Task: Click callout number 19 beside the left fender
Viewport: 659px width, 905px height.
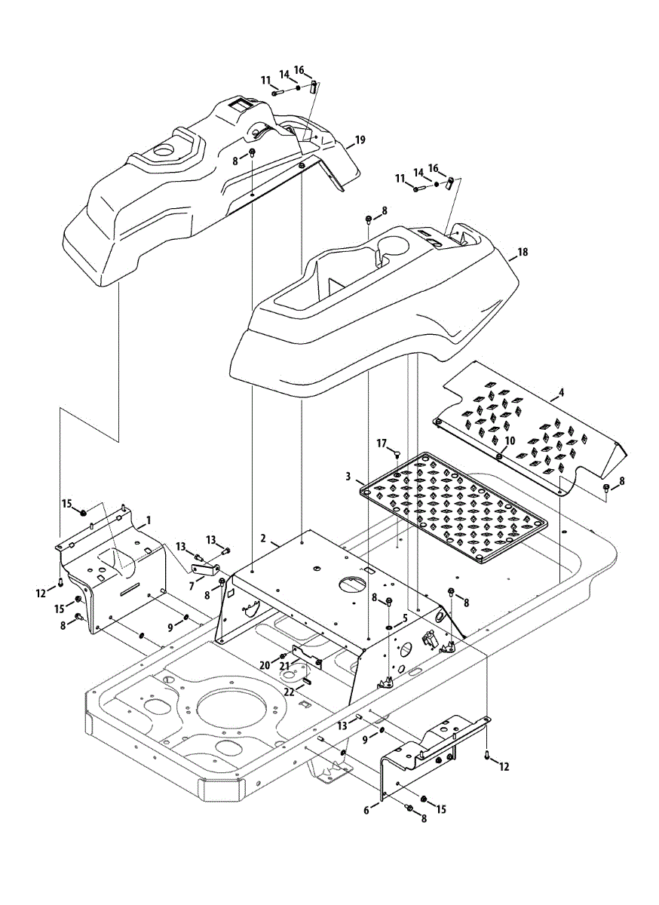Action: [x=360, y=140]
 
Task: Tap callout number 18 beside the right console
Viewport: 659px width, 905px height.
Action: [x=523, y=253]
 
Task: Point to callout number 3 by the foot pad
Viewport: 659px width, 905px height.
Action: [x=349, y=477]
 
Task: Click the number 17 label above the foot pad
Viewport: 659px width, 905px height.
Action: [x=382, y=443]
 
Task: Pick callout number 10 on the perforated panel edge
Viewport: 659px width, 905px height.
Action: [x=510, y=440]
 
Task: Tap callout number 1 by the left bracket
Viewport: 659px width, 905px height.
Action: [x=149, y=520]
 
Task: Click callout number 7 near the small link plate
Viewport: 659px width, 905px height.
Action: [x=192, y=586]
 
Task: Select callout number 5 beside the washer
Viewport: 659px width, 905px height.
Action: [x=404, y=617]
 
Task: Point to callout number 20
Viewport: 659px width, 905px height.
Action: [x=264, y=664]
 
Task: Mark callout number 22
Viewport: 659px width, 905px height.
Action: [x=290, y=691]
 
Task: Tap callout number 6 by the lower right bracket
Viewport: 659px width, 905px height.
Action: [x=367, y=809]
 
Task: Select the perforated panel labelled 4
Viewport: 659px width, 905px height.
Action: [x=528, y=430]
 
